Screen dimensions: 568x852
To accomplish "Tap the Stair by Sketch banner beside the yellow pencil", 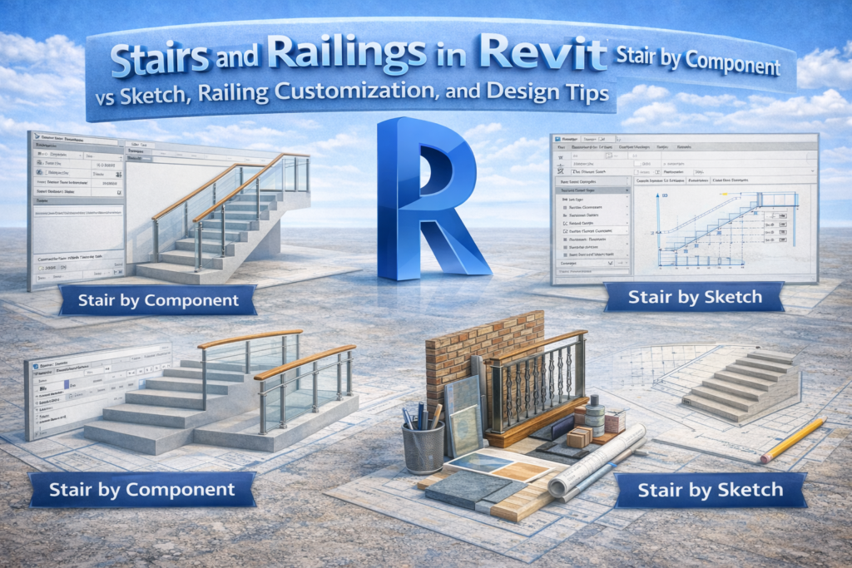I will [710, 490].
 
